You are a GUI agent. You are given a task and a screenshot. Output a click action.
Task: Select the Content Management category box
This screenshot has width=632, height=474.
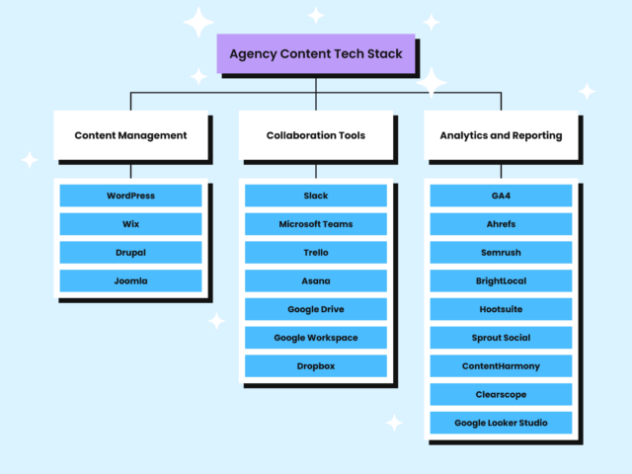130,135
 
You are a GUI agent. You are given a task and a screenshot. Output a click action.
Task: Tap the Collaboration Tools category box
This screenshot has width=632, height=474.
316,135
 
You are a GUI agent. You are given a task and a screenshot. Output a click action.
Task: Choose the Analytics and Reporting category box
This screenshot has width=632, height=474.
501,135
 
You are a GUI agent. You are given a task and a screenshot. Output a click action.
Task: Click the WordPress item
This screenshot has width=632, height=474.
130,196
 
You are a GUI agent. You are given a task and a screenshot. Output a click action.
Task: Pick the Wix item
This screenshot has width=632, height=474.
130,224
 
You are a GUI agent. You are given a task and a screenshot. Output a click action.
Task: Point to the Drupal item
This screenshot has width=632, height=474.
130,253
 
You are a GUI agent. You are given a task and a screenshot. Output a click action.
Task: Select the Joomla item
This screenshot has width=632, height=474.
130,280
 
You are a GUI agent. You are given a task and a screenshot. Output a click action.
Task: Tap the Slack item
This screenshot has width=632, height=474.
316,196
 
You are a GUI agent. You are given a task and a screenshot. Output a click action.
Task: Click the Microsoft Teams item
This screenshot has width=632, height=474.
316,224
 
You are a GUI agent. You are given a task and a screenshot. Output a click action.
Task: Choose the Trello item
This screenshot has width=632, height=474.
316,253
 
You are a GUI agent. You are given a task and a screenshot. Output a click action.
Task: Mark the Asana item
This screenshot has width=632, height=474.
316,280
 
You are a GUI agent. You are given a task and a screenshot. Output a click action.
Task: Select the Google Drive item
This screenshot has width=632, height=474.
316,309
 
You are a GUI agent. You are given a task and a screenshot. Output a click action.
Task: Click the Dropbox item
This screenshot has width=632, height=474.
316,366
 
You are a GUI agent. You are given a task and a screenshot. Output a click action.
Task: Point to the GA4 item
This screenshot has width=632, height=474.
501,196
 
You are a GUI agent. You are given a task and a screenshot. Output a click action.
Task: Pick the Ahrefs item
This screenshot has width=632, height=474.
501,224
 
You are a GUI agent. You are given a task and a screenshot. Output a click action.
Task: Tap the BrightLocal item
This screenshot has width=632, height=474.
501,280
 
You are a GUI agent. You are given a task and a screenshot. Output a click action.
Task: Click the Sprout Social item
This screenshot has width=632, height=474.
501,338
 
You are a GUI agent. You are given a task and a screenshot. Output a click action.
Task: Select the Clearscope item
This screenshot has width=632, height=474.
501,395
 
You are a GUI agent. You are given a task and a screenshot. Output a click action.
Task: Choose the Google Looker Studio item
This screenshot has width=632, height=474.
501,423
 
